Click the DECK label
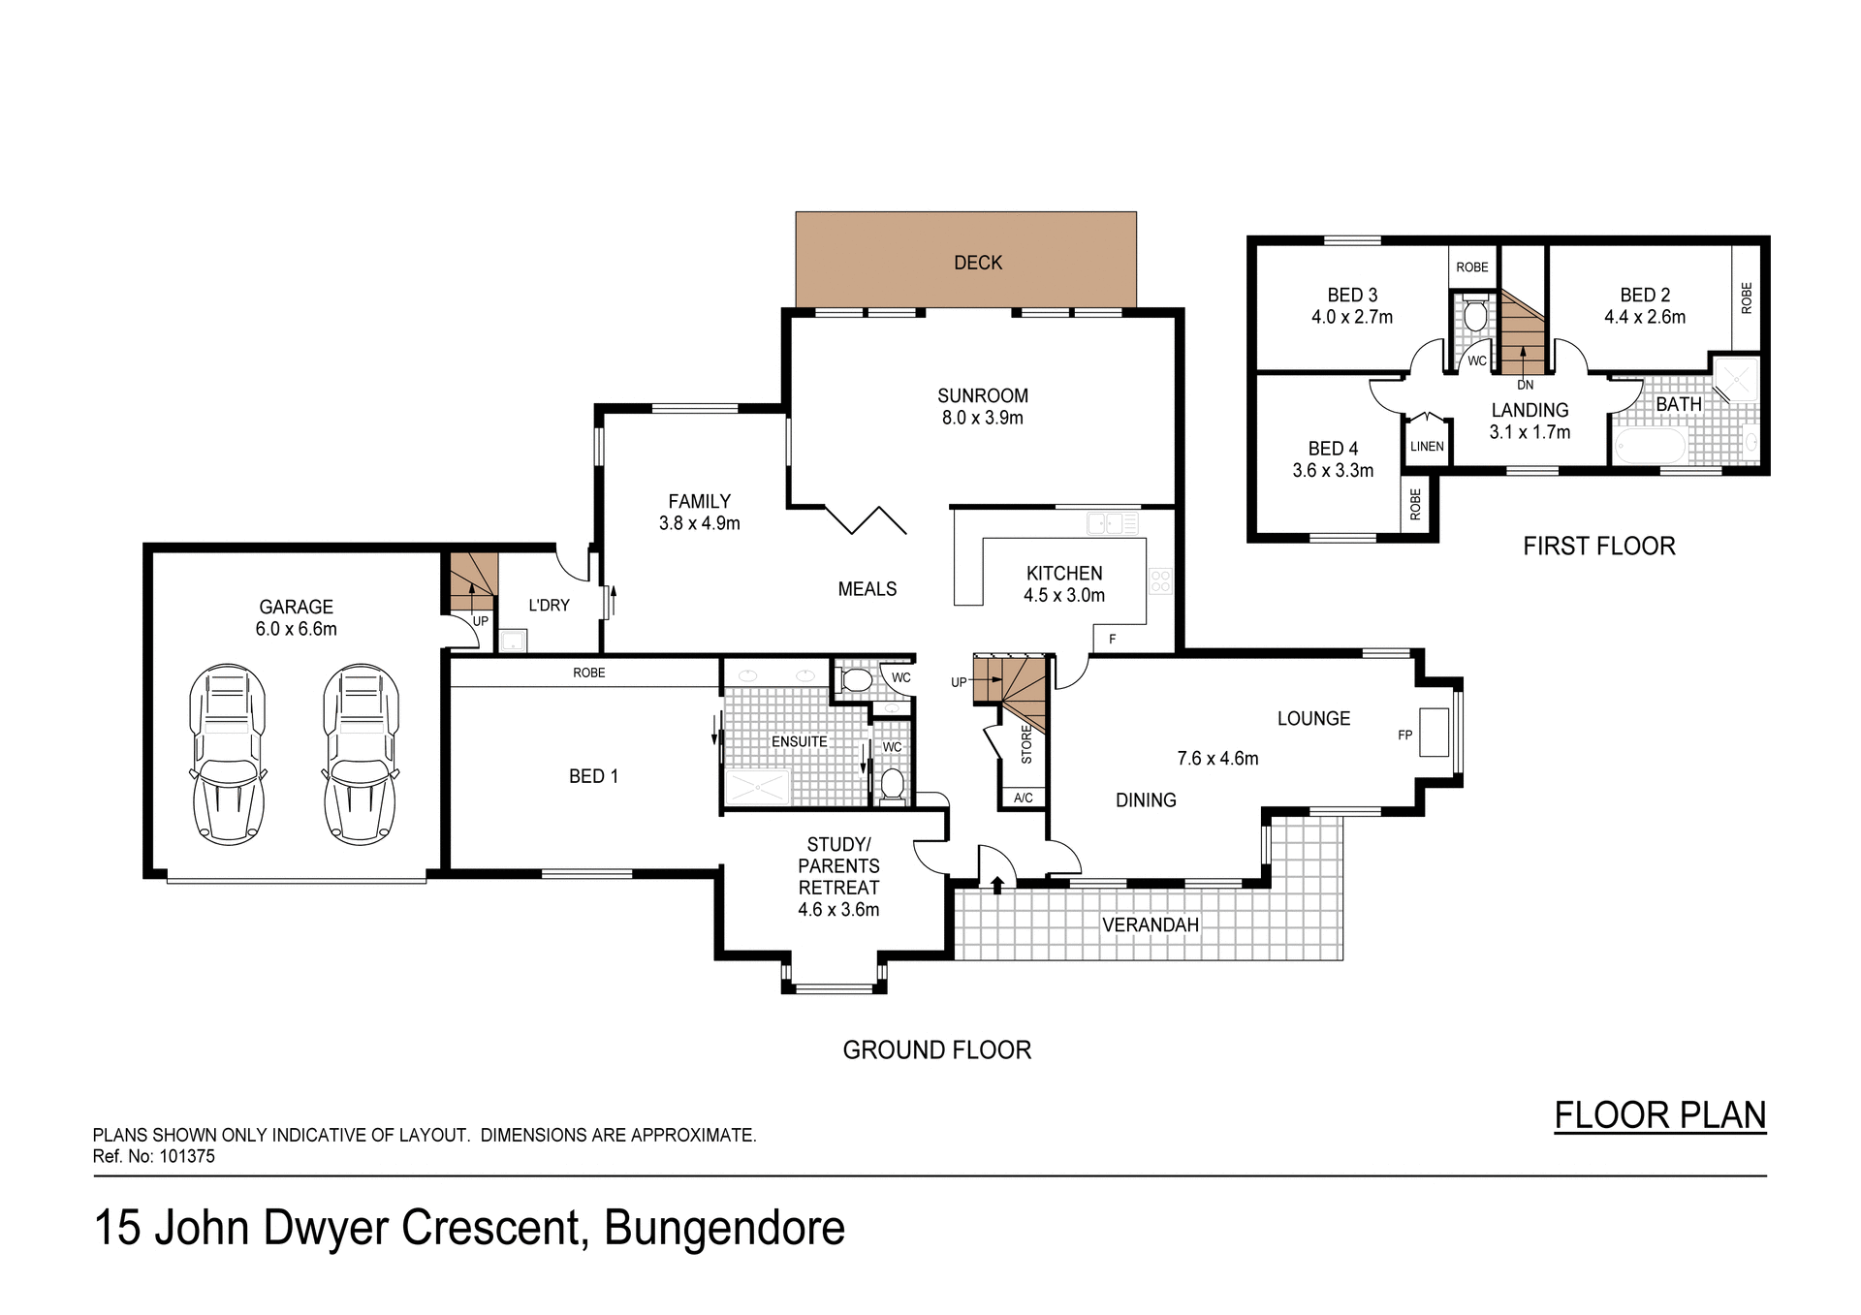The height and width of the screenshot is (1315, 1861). [977, 263]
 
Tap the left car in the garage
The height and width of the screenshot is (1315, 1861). [228, 753]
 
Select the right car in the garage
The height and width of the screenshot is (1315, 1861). [361, 753]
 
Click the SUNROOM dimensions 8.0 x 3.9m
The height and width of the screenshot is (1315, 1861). [982, 419]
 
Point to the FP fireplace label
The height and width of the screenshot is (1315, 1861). [1404, 736]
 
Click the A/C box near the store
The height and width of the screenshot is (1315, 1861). [1023, 798]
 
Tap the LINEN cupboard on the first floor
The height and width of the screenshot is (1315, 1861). [1427, 447]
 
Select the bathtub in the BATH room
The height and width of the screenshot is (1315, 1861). [1650, 448]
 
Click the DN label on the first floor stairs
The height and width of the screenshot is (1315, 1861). [1525, 385]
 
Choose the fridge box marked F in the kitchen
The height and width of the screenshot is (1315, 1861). [1113, 640]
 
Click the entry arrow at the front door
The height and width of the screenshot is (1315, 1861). [997, 883]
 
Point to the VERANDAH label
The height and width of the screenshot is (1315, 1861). [1151, 925]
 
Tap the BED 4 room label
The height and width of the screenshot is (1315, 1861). [1333, 449]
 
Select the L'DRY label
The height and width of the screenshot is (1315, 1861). [549, 606]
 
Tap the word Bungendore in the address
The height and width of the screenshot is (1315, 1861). [724, 1229]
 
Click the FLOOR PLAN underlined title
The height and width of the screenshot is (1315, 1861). [1659, 1115]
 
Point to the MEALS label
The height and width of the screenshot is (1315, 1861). [867, 589]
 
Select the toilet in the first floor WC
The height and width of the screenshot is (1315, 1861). [1474, 316]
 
